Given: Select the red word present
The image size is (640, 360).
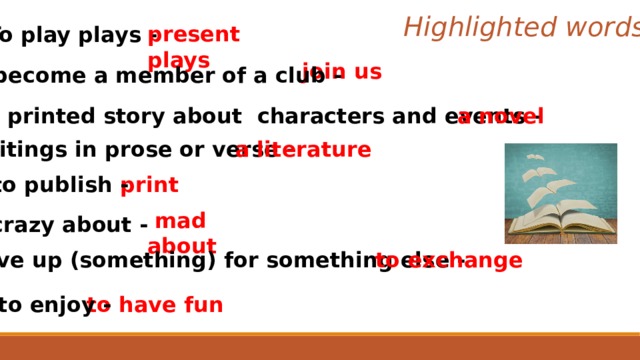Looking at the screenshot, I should pos(193,35).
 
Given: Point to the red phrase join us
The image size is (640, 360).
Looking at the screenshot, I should pos(341,71).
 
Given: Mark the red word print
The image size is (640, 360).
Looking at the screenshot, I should pos(149,185).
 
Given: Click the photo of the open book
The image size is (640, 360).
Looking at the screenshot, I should pos(560,194).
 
